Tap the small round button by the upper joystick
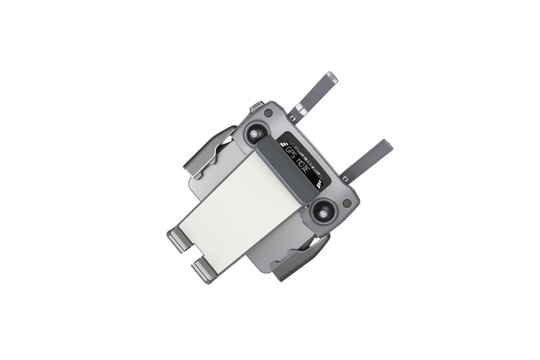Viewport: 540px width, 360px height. (269, 113)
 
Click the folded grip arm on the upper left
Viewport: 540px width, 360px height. (210, 153)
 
